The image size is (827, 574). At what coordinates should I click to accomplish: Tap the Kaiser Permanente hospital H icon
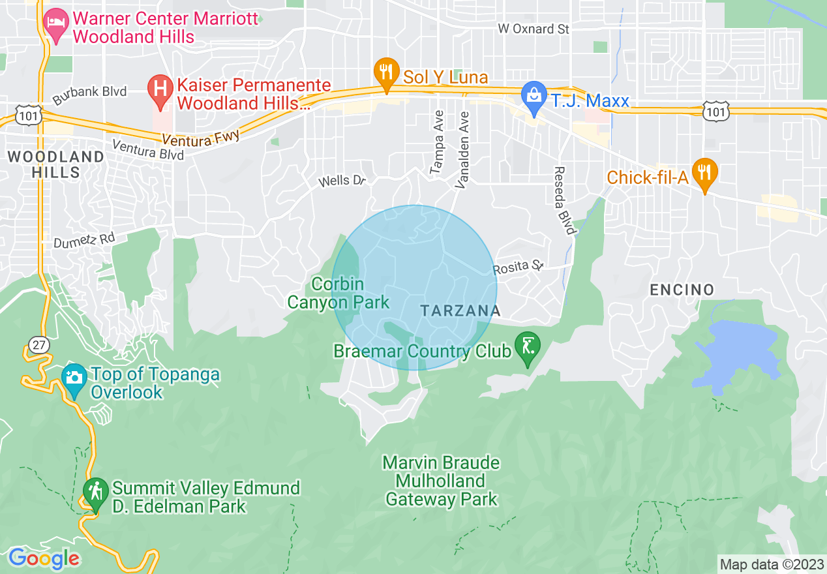click(159, 89)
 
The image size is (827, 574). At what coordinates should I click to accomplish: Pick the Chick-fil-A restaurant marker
click(704, 173)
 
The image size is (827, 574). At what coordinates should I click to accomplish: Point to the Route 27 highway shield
click(40, 345)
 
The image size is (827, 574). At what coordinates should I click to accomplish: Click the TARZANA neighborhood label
click(460, 311)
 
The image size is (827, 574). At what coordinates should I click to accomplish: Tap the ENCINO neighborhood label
click(682, 290)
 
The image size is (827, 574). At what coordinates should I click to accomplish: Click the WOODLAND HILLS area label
click(55, 164)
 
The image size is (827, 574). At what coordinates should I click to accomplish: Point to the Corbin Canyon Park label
click(338, 294)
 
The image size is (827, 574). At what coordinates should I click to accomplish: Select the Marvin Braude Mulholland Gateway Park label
click(442, 481)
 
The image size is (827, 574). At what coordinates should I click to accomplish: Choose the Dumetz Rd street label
click(83, 241)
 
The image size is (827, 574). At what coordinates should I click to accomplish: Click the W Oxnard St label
click(534, 29)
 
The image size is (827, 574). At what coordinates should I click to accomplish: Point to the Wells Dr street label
click(341, 181)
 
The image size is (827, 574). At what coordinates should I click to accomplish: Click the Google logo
click(44, 558)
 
